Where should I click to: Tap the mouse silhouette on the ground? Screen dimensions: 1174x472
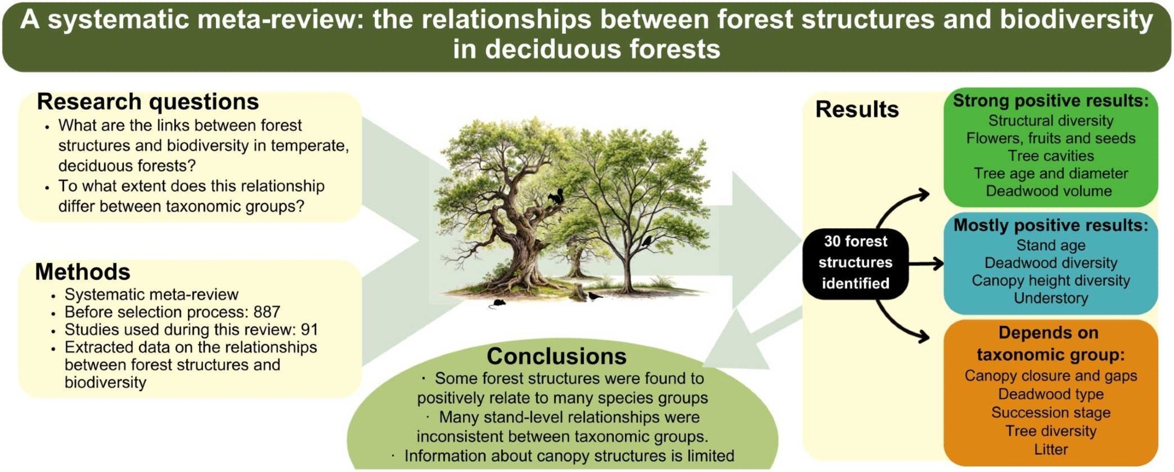click(x=497, y=303)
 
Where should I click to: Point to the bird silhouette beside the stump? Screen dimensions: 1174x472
click(x=595, y=296)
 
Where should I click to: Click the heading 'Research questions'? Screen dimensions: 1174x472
click(x=147, y=101)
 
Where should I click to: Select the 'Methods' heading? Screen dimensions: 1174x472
click(x=83, y=271)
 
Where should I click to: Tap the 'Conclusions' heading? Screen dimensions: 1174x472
click(x=556, y=356)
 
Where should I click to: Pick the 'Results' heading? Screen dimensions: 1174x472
click(x=857, y=109)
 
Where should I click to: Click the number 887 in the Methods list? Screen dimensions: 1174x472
click(x=267, y=312)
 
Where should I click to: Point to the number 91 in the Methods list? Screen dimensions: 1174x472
click(x=309, y=330)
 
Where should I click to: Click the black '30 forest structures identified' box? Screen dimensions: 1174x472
click(x=855, y=263)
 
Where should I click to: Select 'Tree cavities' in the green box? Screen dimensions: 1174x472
click(x=1051, y=156)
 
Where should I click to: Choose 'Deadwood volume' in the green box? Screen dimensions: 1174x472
click(x=1048, y=191)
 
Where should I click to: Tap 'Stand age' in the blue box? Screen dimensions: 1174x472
click(x=1051, y=245)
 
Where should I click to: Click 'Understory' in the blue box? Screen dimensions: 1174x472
click(x=1051, y=298)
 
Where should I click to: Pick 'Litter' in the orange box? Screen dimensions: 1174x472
click(x=1051, y=450)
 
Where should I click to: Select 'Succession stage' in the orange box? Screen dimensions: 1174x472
click(x=1051, y=412)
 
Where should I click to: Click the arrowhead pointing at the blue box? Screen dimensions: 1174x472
click(x=937, y=264)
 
